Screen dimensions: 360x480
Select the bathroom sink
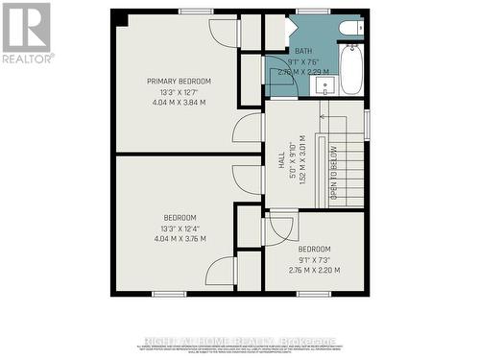pyautogui.click(x=325, y=85)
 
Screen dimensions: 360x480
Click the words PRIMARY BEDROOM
pyautogui.click(x=179, y=82)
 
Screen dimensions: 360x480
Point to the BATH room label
pyautogui.click(x=303, y=51)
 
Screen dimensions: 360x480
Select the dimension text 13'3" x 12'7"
pyautogui.click(x=179, y=91)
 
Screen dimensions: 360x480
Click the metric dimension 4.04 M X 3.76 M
pyautogui.click(x=180, y=238)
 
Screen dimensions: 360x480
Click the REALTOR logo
pyautogui.click(x=26, y=32)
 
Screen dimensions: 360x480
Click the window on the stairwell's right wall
pyautogui.click(x=367, y=125)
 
